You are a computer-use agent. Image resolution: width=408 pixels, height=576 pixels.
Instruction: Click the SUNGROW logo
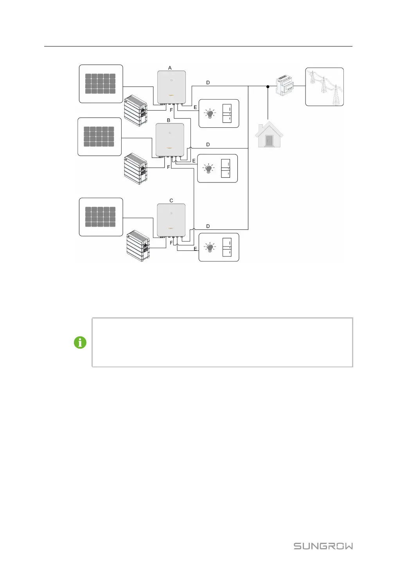point(323,546)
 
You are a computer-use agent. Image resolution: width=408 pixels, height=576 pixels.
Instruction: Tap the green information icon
point(80,342)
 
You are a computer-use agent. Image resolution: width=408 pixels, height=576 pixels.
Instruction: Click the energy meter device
point(285,86)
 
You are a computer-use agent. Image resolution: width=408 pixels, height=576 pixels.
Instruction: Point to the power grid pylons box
point(324,87)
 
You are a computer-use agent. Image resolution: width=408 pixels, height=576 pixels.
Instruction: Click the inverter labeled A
point(171,87)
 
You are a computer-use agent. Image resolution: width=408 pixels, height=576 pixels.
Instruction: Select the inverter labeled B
point(170,140)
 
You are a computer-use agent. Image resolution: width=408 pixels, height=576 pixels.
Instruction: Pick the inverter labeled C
point(171,220)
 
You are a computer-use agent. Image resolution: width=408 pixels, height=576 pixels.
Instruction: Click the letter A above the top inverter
point(170,68)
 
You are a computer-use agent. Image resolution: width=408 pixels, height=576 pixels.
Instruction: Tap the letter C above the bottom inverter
point(171,200)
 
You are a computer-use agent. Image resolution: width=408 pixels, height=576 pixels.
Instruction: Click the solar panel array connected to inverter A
point(101,84)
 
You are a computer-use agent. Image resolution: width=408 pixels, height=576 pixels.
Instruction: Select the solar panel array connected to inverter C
point(101,217)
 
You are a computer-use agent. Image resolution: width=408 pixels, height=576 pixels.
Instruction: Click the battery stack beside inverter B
point(136,169)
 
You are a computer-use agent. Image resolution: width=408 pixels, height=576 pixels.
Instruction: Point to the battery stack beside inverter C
point(138,246)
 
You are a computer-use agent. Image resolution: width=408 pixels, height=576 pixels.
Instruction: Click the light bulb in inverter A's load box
point(210,114)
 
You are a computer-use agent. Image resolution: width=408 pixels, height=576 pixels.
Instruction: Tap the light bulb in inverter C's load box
point(210,247)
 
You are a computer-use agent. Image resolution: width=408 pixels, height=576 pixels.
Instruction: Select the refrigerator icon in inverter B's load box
point(225,168)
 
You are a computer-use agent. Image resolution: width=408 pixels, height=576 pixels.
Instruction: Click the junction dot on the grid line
point(268,86)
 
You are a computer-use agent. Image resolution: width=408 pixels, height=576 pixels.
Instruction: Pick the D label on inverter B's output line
point(208,145)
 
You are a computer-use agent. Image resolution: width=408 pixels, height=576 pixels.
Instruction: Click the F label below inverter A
point(171,110)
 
